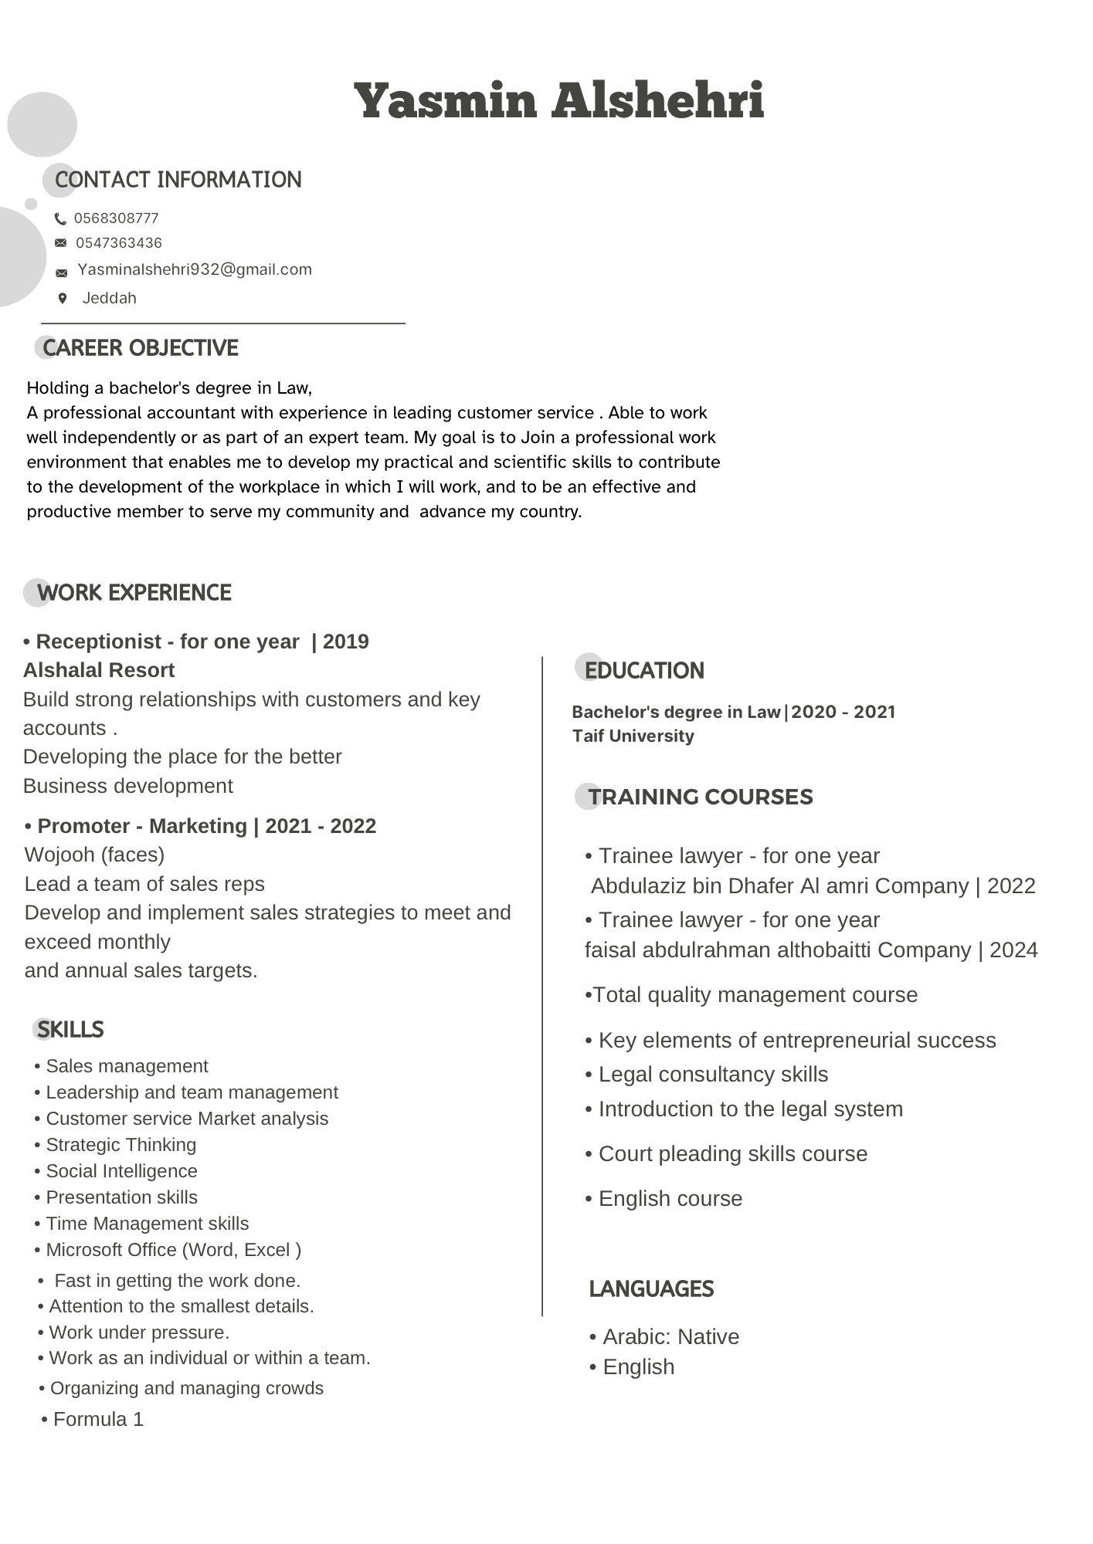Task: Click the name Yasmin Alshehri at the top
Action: click(x=558, y=101)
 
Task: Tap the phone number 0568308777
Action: click(x=117, y=218)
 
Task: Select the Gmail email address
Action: click(x=195, y=269)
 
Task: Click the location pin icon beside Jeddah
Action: click(x=63, y=298)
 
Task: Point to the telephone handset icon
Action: click(x=61, y=219)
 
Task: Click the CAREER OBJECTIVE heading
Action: click(x=140, y=348)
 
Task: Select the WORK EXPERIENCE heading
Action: click(x=134, y=593)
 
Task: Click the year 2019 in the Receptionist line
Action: click(x=345, y=642)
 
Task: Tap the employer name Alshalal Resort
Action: click(x=99, y=670)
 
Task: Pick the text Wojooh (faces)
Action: click(x=94, y=855)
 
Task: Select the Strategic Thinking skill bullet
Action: click(x=121, y=1145)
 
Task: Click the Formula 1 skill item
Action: click(x=98, y=1419)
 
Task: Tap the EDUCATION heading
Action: click(x=643, y=671)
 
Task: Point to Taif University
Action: click(x=633, y=736)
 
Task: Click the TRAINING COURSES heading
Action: click(x=700, y=797)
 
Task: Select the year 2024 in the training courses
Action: click(x=1013, y=950)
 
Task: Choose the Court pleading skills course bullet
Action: click(x=732, y=1153)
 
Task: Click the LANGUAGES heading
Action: click(x=651, y=1288)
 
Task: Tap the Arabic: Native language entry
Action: click(x=670, y=1336)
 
